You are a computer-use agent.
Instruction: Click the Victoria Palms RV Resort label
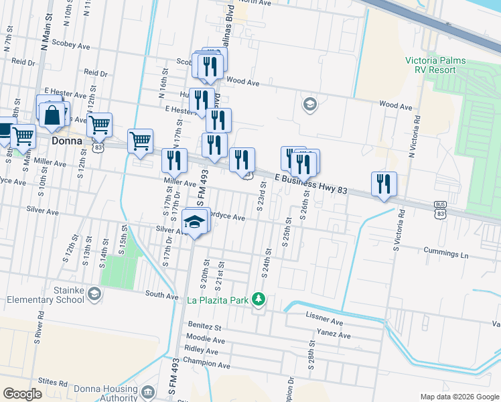[435, 65]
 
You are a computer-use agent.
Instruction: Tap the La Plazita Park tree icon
[259, 300]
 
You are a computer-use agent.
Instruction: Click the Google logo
[23, 394]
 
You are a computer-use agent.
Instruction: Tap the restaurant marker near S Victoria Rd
[384, 184]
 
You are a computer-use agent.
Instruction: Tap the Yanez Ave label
[335, 335]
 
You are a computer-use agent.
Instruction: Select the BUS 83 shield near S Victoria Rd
[440, 212]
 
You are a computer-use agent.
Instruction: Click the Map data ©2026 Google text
[459, 397]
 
